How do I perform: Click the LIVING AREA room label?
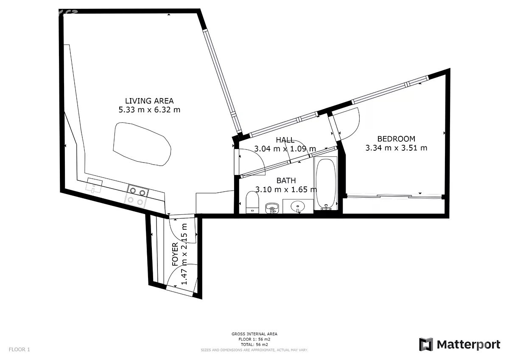pos(149,101)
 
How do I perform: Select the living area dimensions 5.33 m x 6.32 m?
pos(149,110)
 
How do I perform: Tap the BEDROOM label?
pos(396,139)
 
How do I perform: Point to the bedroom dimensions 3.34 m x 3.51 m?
pos(396,148)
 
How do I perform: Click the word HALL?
pos(285,140)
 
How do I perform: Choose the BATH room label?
pos(286,180)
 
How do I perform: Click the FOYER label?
pos(175,254)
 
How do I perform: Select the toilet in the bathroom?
pos(253,202)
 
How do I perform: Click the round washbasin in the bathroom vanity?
pos(298,206)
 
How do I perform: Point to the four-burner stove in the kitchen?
pos(136,196)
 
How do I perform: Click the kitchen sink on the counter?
pos(94,186)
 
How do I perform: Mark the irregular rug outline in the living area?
pos(142,144)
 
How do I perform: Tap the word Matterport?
pos(469,345)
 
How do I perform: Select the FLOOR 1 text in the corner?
pos(20,349)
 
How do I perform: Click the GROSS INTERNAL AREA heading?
pos(254,334)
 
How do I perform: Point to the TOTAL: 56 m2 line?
pos(254,345)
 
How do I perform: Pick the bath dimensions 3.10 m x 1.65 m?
pos(286,189)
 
